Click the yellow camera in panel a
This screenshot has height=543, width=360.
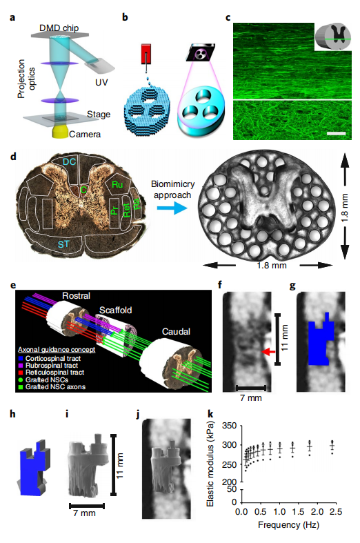tap(61, 132)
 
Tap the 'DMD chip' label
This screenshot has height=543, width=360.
tap(59, 28)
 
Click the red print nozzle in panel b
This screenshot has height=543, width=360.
tap(146, 54)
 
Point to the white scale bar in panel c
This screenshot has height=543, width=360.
tap(336, 133)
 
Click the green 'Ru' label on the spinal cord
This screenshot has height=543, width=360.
tap(117, 185)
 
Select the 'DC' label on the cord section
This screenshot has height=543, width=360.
tap(69, 161)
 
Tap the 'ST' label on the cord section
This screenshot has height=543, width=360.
tap(63, 244)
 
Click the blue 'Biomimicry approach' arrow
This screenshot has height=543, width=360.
tap(172, 208)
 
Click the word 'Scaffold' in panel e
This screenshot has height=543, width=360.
tap(116, 310)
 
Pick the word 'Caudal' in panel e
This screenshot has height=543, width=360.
tap(176, 331)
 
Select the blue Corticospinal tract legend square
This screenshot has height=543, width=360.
tap(21, 358)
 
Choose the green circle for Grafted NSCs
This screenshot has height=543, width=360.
tap(21, 380)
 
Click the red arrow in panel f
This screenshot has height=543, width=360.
tap(268, 352)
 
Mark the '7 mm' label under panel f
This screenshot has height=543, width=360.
tap(251, 398)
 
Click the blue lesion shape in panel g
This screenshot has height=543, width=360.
tap(321, 341)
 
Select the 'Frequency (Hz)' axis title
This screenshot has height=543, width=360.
tap(289, 524)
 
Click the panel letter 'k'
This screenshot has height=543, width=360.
tap(210, 414)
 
